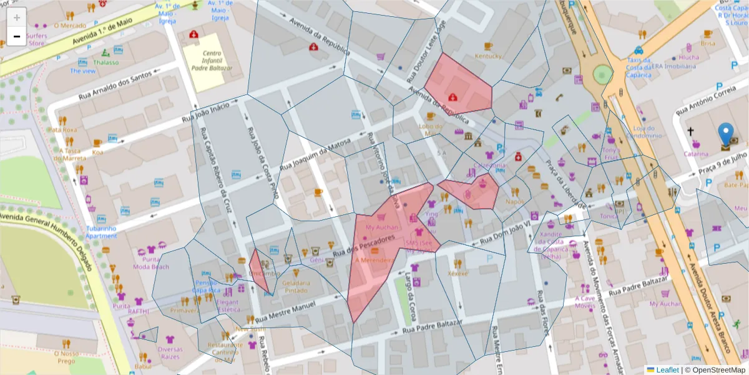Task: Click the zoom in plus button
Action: click(17, 17)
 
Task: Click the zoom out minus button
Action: click(17, 36)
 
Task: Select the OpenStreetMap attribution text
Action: click(718, 370)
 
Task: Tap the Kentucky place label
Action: click(488, 56)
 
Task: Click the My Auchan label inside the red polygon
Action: click(381, 227)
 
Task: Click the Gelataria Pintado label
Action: click(296, 286)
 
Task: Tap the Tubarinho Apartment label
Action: click(101, 232)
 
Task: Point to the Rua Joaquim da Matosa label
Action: click(313, 158)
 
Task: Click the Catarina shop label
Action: click(696, 153)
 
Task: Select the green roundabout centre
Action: click(602, 74)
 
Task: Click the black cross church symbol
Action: click(690, 132)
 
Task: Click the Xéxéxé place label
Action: click(458, 273)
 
